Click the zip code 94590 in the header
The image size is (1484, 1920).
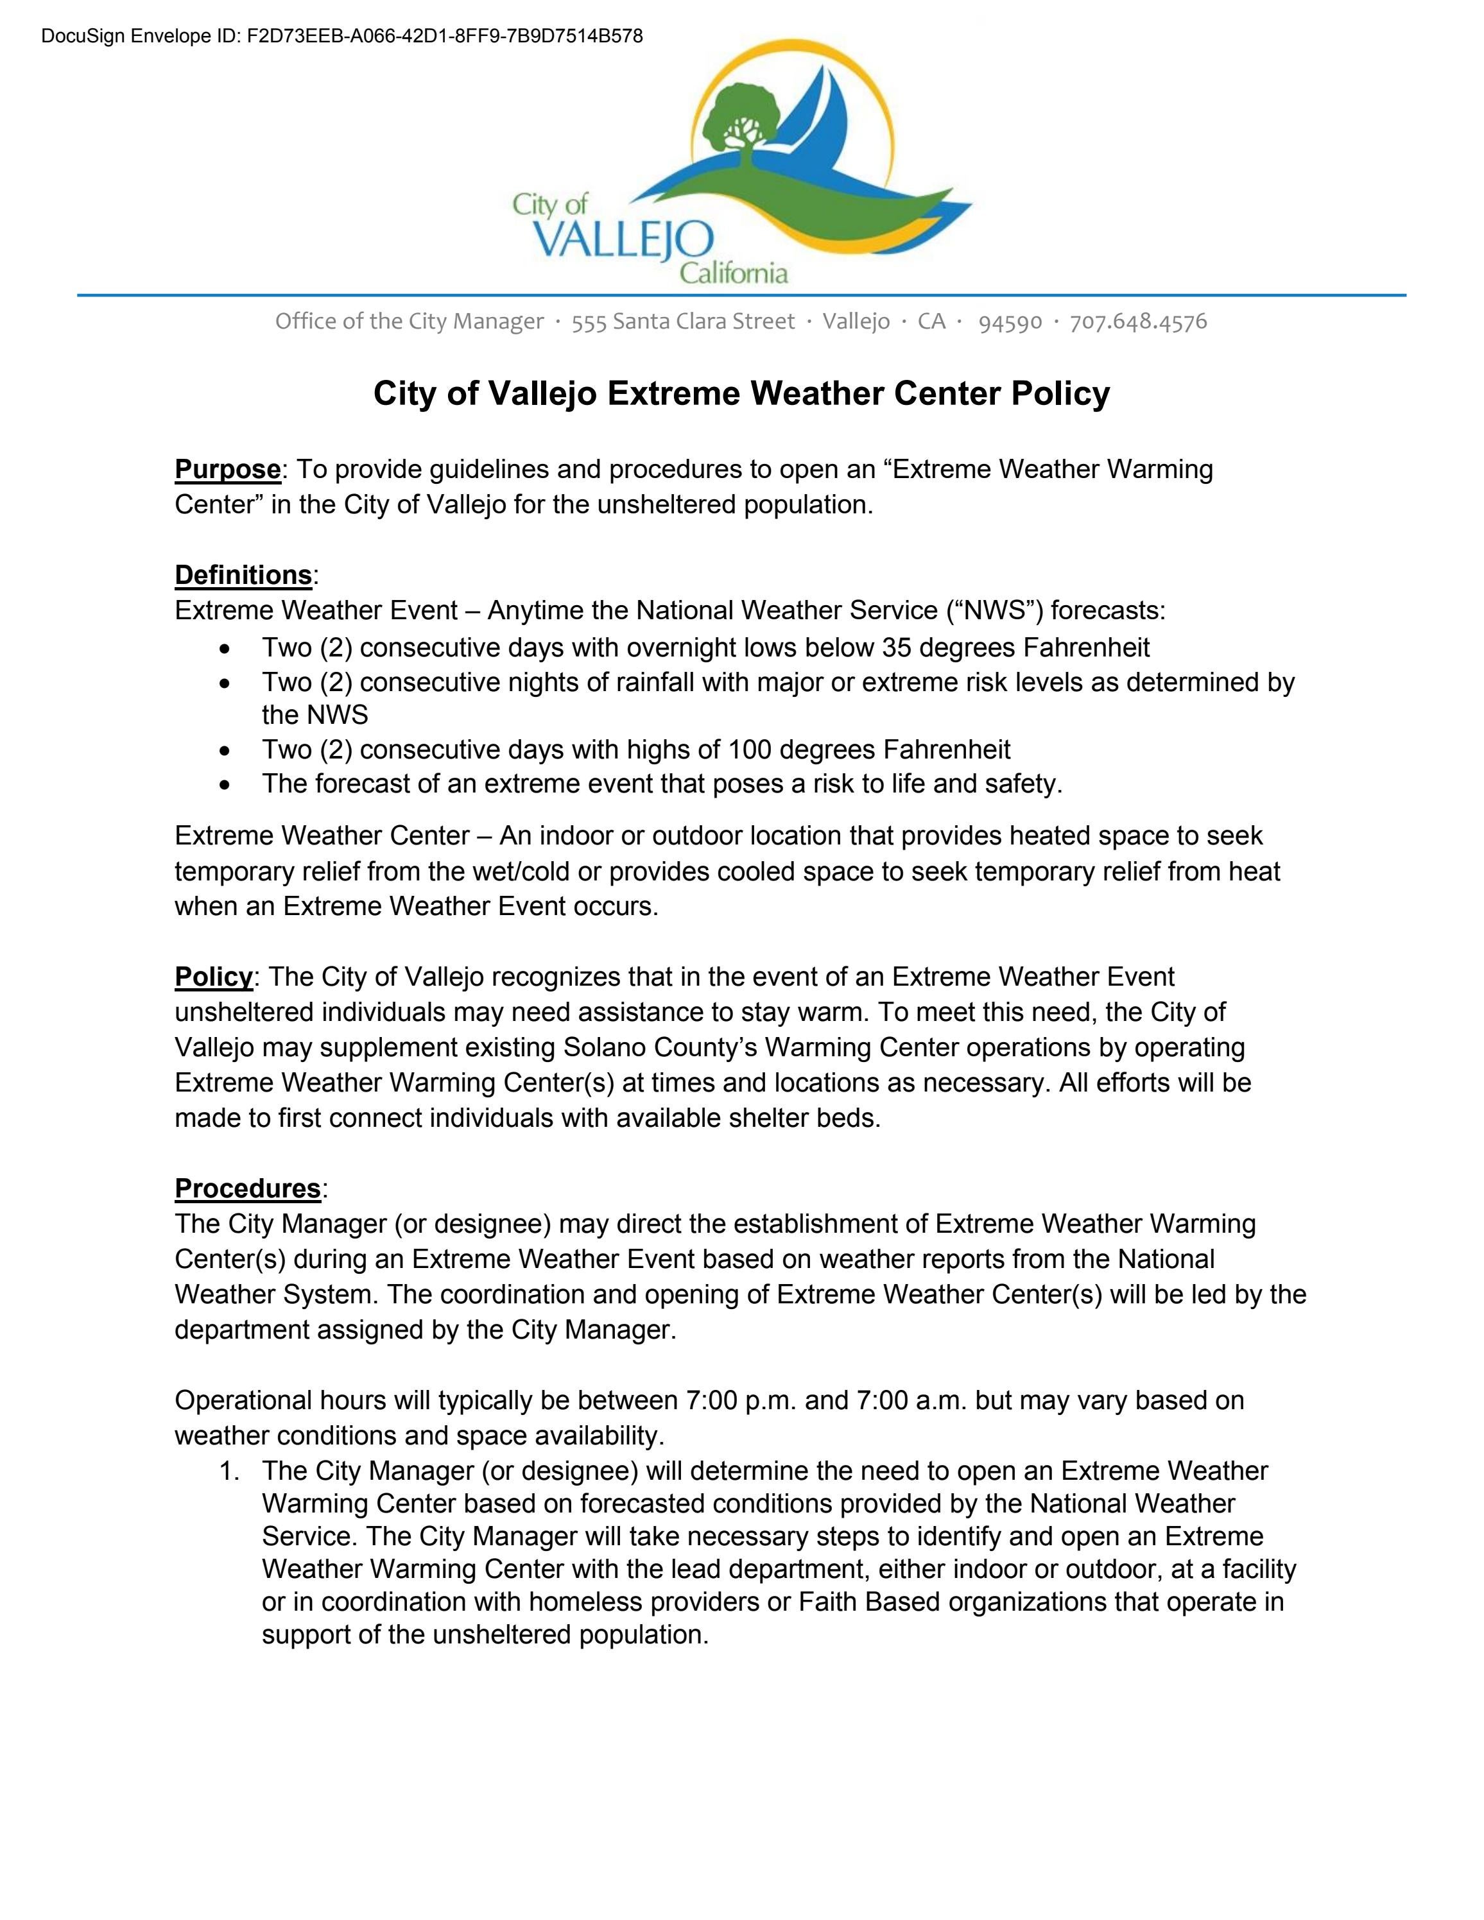coord(1010,321)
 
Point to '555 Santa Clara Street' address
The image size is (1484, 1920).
coord(682,321)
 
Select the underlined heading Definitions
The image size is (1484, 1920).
coord(243,575)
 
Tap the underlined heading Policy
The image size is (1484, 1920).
coord(214,977)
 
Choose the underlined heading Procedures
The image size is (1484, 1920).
coord(247,1188)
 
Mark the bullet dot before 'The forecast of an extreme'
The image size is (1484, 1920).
coord(226,784)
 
